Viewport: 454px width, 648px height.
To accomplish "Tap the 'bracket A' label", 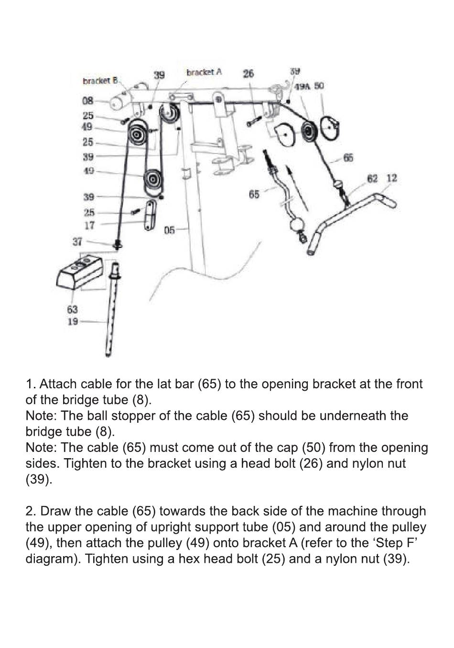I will coord(204,72).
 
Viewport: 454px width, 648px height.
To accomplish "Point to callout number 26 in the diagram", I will coord(249,73).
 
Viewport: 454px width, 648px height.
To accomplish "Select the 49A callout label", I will coord(302,87).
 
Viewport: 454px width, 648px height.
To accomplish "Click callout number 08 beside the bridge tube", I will coord(87,101).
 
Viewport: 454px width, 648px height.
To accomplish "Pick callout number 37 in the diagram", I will coord(77,242).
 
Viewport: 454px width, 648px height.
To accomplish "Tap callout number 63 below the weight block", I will coord(72,309).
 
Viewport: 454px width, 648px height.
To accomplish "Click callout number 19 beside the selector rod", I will coord(73,321).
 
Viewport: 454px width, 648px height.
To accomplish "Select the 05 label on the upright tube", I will coord(170,231).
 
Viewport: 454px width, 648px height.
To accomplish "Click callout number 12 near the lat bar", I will coord(392,178).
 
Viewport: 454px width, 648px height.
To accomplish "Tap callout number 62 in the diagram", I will coord(372,178).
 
